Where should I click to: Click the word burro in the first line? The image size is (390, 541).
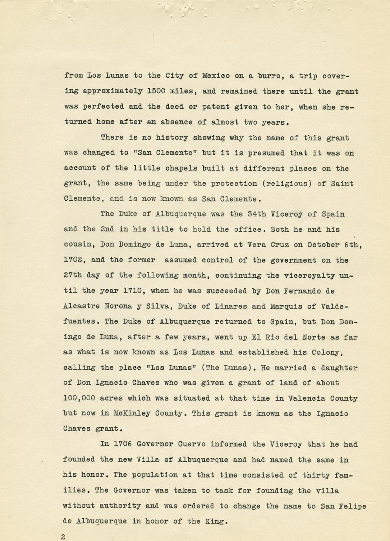pos(270,76)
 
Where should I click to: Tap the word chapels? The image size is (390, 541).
pos(179,168)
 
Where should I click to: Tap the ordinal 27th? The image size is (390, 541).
pos(73,275)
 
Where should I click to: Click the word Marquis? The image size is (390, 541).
pos(291,306)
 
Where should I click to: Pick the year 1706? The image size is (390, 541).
pos(122,444)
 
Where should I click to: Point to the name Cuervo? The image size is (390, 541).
pos(192,444)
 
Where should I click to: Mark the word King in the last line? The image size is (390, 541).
pos(214,521)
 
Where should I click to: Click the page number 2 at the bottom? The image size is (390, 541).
pos(63,537)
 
